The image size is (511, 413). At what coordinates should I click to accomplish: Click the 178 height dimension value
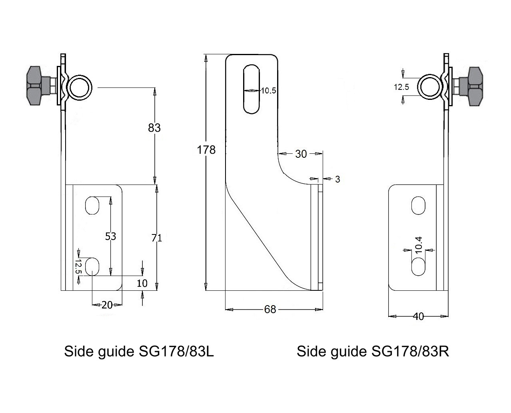(x=206, y=150)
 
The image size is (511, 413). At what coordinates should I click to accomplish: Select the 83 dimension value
(x=154, y=127)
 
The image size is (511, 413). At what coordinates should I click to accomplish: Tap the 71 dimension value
(x=157, y=238)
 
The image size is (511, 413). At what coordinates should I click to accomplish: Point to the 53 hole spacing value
(x=110, y=236)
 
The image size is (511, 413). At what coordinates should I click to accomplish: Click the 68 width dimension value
(x=270, y=310)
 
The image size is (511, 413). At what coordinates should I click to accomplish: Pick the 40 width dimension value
(x=418, y=316)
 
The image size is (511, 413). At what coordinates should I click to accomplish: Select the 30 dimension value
(x=301, y=154)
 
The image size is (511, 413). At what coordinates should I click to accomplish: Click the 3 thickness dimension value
(x=337, y=179)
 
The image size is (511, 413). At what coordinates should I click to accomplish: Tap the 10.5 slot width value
(x=268, y=91)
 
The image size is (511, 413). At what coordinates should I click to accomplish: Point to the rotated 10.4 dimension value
(x=419, y=244)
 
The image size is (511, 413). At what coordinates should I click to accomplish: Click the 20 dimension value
(x=107, y=305)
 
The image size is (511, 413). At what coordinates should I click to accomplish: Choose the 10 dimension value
(x=142, y=284)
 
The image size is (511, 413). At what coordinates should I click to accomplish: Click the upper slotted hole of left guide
(x=92, y=205)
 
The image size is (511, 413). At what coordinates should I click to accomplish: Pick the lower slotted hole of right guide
(x=418, y=266)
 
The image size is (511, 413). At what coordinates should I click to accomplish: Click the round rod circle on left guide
(x=80, y=87)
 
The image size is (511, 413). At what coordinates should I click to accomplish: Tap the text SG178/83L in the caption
(x=176, y=351)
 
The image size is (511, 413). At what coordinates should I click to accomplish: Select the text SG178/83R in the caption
(x=410, y=351)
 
